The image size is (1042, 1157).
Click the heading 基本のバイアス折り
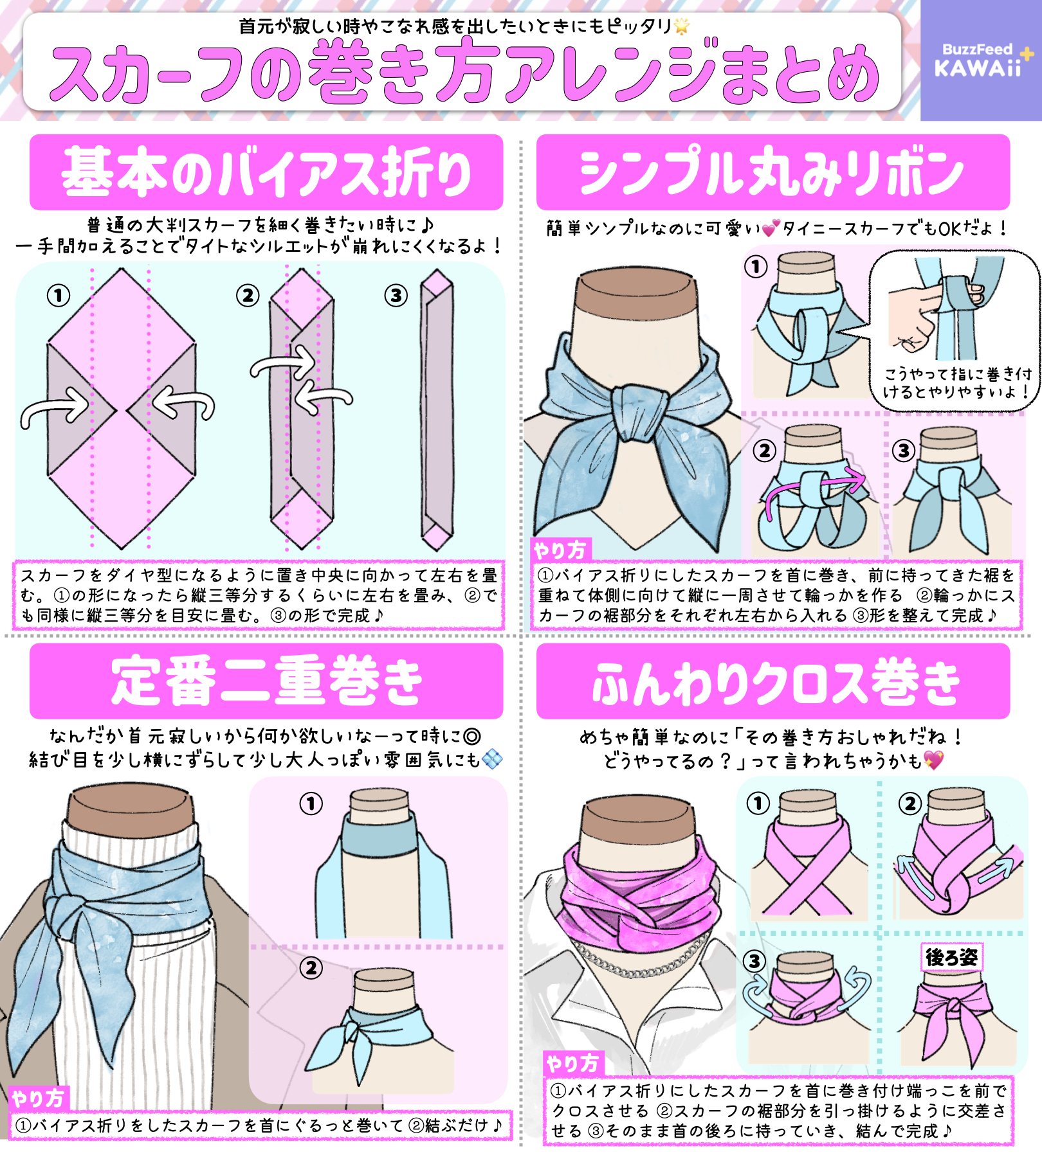(x=266, y=172)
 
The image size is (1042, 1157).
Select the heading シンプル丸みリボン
(x=772, y=172)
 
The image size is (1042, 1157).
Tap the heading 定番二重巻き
(x=266, y=681)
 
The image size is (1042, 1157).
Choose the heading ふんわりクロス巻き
(x=776, y=682)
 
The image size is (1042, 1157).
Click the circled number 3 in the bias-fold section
(x=396, y=296)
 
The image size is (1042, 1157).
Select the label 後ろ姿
(x=951, y=958)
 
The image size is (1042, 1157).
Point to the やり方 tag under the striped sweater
(x=38, y=1099)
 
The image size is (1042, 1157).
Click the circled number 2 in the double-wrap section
(x=311, y=968)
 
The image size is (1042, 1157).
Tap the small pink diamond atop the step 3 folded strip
(x=437, y=283)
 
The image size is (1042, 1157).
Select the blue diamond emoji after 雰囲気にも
(x=492, y=760)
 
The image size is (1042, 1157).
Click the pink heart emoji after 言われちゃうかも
(x=933, y=760)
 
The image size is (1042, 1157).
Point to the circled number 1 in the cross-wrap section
(x=758, y=803)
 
